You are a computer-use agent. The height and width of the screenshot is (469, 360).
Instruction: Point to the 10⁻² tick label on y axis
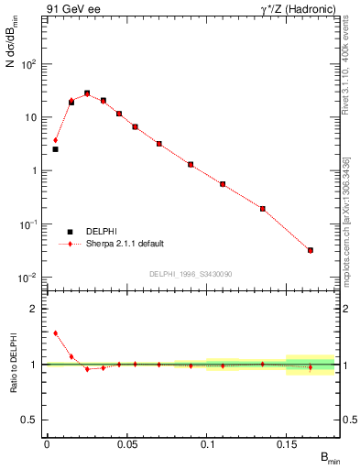[28, 278]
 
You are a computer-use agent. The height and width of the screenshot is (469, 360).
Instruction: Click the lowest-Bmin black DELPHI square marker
[55, 148]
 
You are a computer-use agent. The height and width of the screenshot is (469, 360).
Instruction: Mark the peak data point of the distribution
[87, 93]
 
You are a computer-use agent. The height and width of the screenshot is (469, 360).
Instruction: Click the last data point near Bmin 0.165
[311, 250]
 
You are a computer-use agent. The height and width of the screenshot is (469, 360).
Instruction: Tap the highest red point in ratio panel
[55, 333]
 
